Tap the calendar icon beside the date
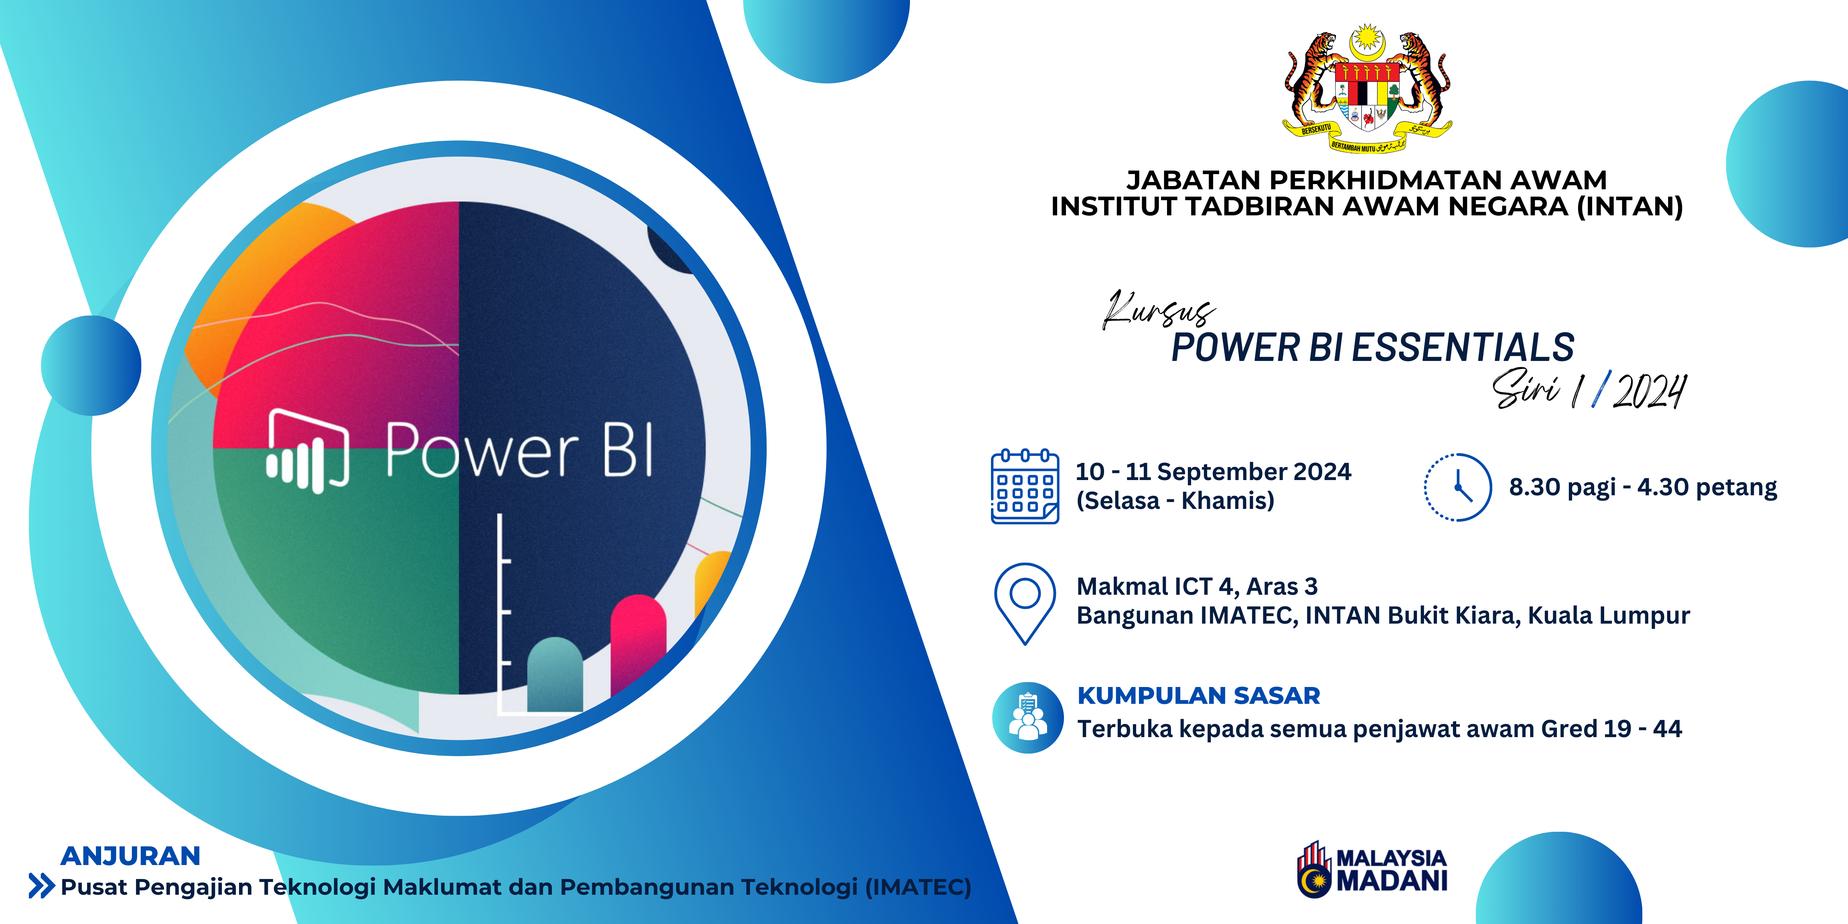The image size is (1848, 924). click(1025, 486)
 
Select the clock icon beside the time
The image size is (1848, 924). click(1458, 487)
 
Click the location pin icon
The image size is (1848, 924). click(1025, 603)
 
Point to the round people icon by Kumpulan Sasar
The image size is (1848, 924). click(1028, 717)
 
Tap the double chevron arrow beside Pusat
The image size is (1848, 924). click(42, 886)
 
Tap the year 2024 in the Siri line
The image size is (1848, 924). click(1649, 392)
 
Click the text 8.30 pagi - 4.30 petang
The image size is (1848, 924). click(1643, 487)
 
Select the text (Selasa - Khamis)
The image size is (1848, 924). click(1175, 500)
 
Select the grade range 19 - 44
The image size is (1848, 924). click(1643, 729)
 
